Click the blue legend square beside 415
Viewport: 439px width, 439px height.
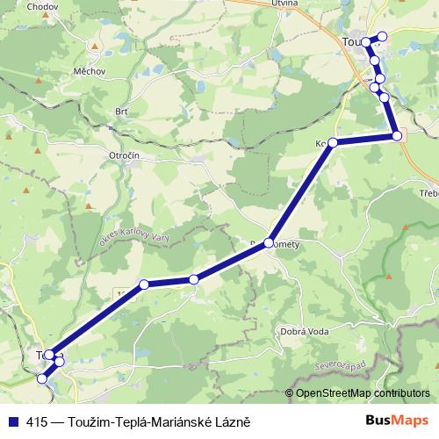click(12, 421)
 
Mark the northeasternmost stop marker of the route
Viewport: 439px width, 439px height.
click(381, 37)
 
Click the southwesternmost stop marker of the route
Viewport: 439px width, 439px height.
click(42, 378)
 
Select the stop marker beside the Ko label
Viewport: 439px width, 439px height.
click(333, 141)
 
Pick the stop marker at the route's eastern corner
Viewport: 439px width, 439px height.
click(397, 135)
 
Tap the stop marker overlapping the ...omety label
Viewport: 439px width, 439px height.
click(269, 246)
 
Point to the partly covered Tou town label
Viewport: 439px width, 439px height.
click(351, 40)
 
